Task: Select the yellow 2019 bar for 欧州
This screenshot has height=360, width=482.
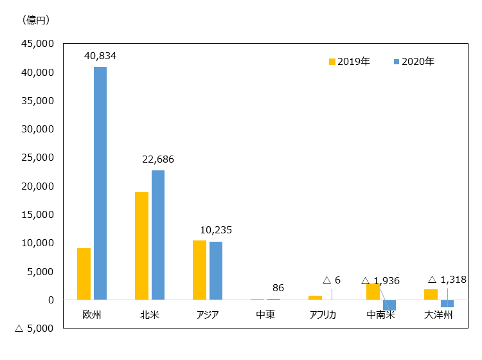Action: click(x=84, y=274)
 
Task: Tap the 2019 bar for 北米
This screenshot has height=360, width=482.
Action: click(x=141, y=246)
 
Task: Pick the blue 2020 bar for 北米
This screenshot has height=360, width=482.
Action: click(x=158, y=235)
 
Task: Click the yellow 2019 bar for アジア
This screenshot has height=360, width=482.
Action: click(x=199, y=270)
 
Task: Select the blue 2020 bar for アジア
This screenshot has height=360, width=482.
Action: click(x=216, y=271)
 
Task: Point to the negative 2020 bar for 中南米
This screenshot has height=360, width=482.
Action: click(x=389, y=305)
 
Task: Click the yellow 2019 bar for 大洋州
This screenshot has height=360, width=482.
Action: click(x=431, y=294)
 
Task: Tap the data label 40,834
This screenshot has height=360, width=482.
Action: click(x=100, y=57)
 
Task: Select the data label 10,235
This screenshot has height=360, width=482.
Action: click(x=216, y=230)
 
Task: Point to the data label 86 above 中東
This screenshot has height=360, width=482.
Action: click(x=278, y=287)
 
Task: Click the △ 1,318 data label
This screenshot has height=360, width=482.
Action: click(x=447, y=280)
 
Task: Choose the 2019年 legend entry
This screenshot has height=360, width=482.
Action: click(x=349, y=62)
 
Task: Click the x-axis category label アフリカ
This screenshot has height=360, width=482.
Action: click(x=323, y=315)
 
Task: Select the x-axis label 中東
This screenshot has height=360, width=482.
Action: click(x=265, y=315)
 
